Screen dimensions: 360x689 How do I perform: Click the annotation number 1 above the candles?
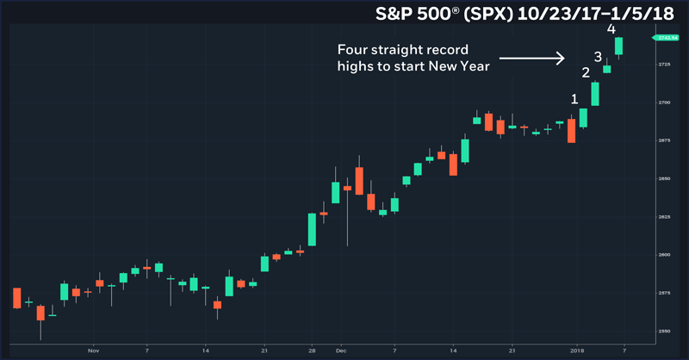point(574,99)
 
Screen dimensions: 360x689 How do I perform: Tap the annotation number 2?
point(587,74)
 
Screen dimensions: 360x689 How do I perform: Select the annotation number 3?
point(598,57)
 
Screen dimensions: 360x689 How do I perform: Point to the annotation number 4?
point(611,29)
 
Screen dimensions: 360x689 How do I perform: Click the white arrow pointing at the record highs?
point(531,59)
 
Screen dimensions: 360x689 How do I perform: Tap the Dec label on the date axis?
point(341,351)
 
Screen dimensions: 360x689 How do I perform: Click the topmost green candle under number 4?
point(619,46)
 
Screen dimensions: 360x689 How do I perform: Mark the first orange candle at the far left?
point(17,298)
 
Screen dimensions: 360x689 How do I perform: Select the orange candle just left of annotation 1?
point(571,130)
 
